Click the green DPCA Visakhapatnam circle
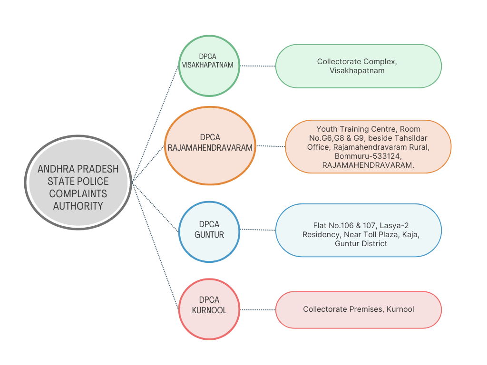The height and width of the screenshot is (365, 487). (209, 66)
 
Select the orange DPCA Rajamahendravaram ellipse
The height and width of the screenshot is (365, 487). (210, 146)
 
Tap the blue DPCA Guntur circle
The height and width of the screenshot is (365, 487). (209, 232)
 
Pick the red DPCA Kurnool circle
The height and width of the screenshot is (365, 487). (209, 309)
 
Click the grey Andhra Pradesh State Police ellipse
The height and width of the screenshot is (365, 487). (78, 182)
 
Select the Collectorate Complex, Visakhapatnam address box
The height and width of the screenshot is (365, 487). (359, 66)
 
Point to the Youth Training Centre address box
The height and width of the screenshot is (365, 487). (368, 146)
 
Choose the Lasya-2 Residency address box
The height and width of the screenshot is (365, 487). (359, 231)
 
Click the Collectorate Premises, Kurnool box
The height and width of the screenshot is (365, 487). (359, 310)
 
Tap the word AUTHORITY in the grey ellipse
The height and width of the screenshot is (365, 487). (78, 206)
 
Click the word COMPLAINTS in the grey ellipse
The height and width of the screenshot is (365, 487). (78, 194)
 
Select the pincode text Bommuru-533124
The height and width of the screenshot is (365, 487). (368, 156)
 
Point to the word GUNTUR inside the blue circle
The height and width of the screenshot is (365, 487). (209, 235)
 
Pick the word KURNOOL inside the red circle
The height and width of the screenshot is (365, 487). (209, 310)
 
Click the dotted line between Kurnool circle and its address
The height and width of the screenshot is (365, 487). (258, 310)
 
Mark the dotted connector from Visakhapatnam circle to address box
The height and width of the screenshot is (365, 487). (258, 66)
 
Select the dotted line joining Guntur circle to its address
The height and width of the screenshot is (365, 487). (258, 230)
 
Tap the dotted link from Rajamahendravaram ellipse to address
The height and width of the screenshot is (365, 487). (271, 146)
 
